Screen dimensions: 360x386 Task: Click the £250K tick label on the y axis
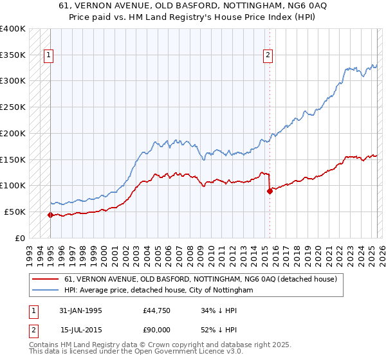[13, 107]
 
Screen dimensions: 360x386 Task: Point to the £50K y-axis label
[15, 212]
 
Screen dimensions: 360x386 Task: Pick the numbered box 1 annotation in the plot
[49, 56]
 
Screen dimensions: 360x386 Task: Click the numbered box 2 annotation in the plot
[268, 56]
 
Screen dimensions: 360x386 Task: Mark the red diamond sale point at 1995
[50, 215]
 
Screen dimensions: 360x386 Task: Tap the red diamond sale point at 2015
[270, 190]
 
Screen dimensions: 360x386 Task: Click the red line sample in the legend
[46, 279]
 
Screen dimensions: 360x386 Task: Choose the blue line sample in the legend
[46, 291]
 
